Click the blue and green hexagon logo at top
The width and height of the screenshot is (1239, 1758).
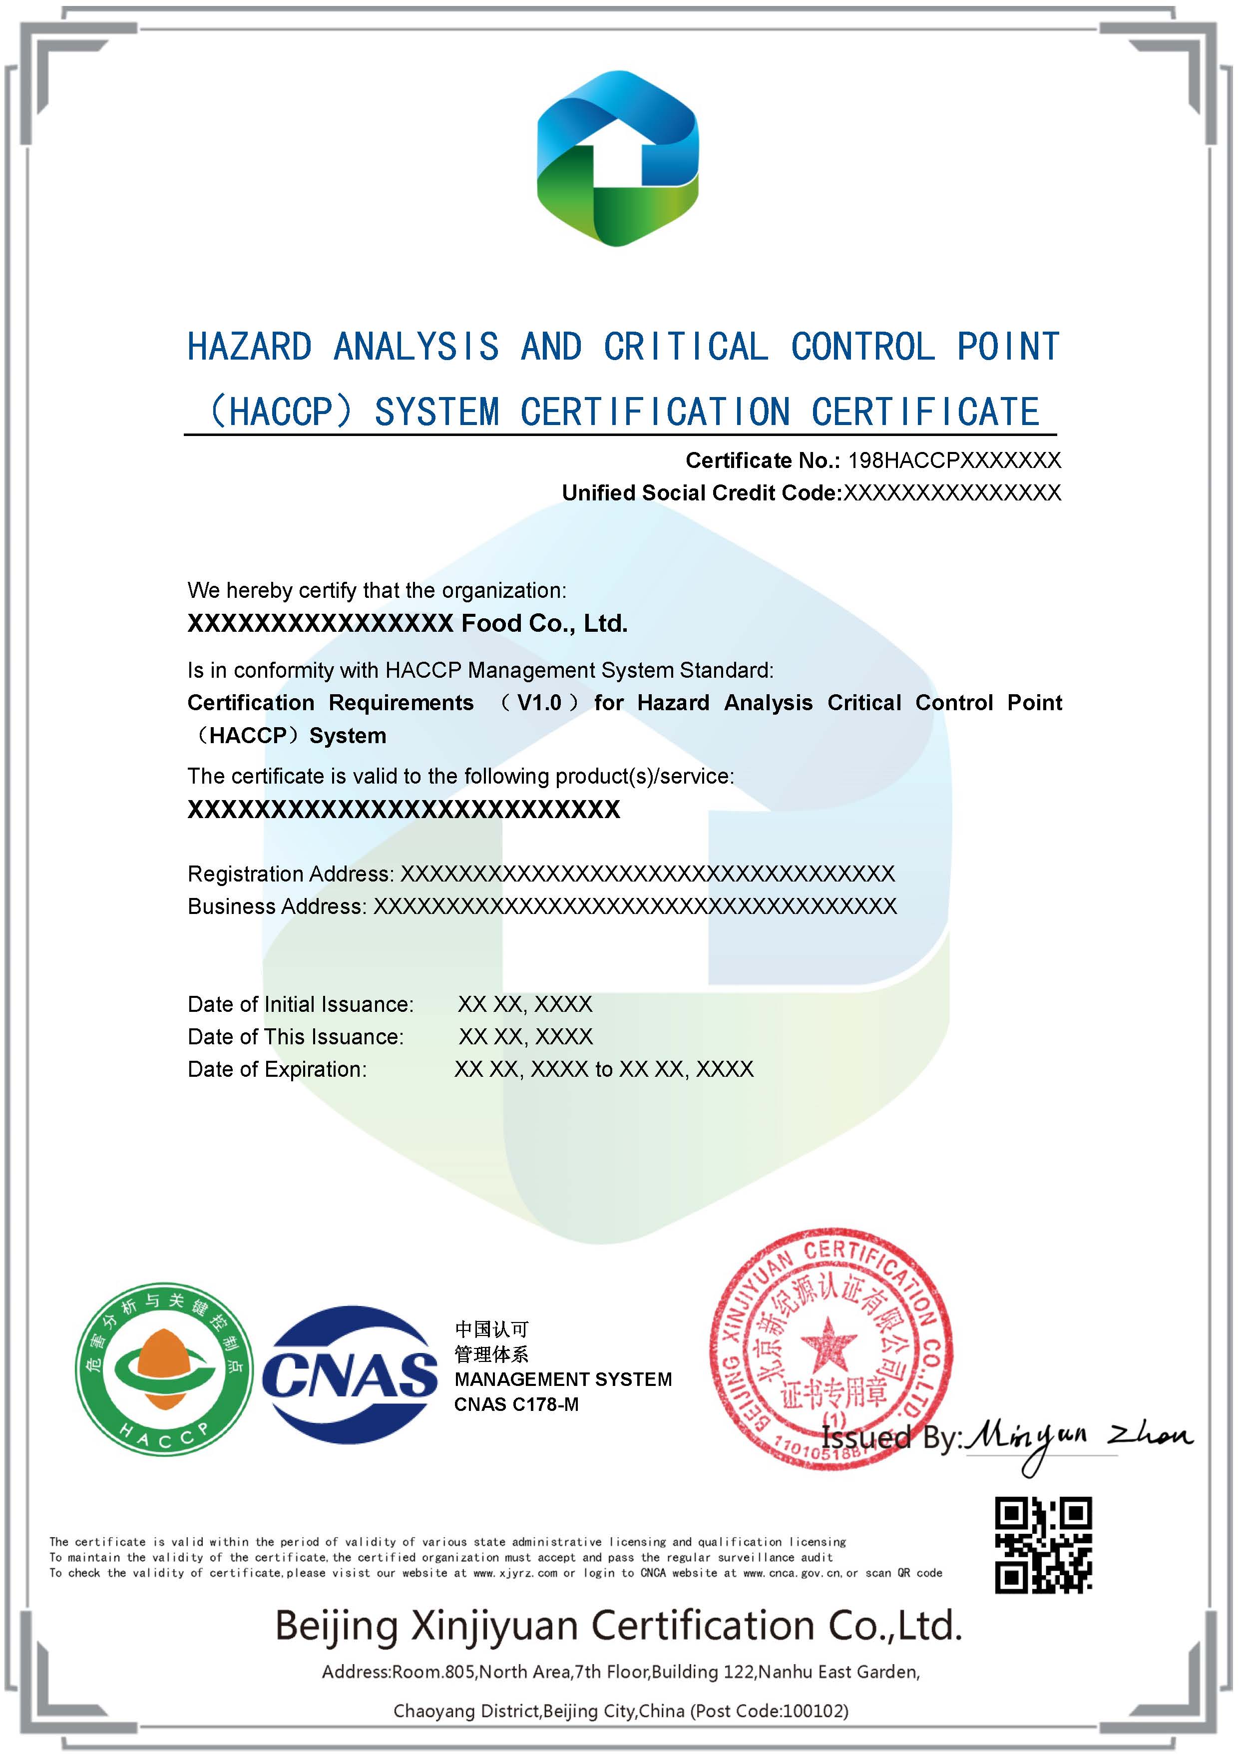pyautogui.click(x=617, y=158)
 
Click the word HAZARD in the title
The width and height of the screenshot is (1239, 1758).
pyautogui.click(x=250, y=347)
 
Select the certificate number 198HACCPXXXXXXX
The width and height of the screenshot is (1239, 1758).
pyautogui.click(x=954, y=460)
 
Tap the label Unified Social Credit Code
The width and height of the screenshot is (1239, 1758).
pyautogui.click(x=702, y=493)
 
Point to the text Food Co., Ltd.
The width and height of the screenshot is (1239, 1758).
pyautogui.click(x=544, y=623)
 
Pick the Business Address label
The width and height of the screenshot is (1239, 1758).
pyautogui.click(x=277, y=906)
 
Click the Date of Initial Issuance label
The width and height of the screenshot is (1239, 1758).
pyautogui.click(x=300, y=1004)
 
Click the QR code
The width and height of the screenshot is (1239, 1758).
pyautogui.click(x=1043, y=1545)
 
